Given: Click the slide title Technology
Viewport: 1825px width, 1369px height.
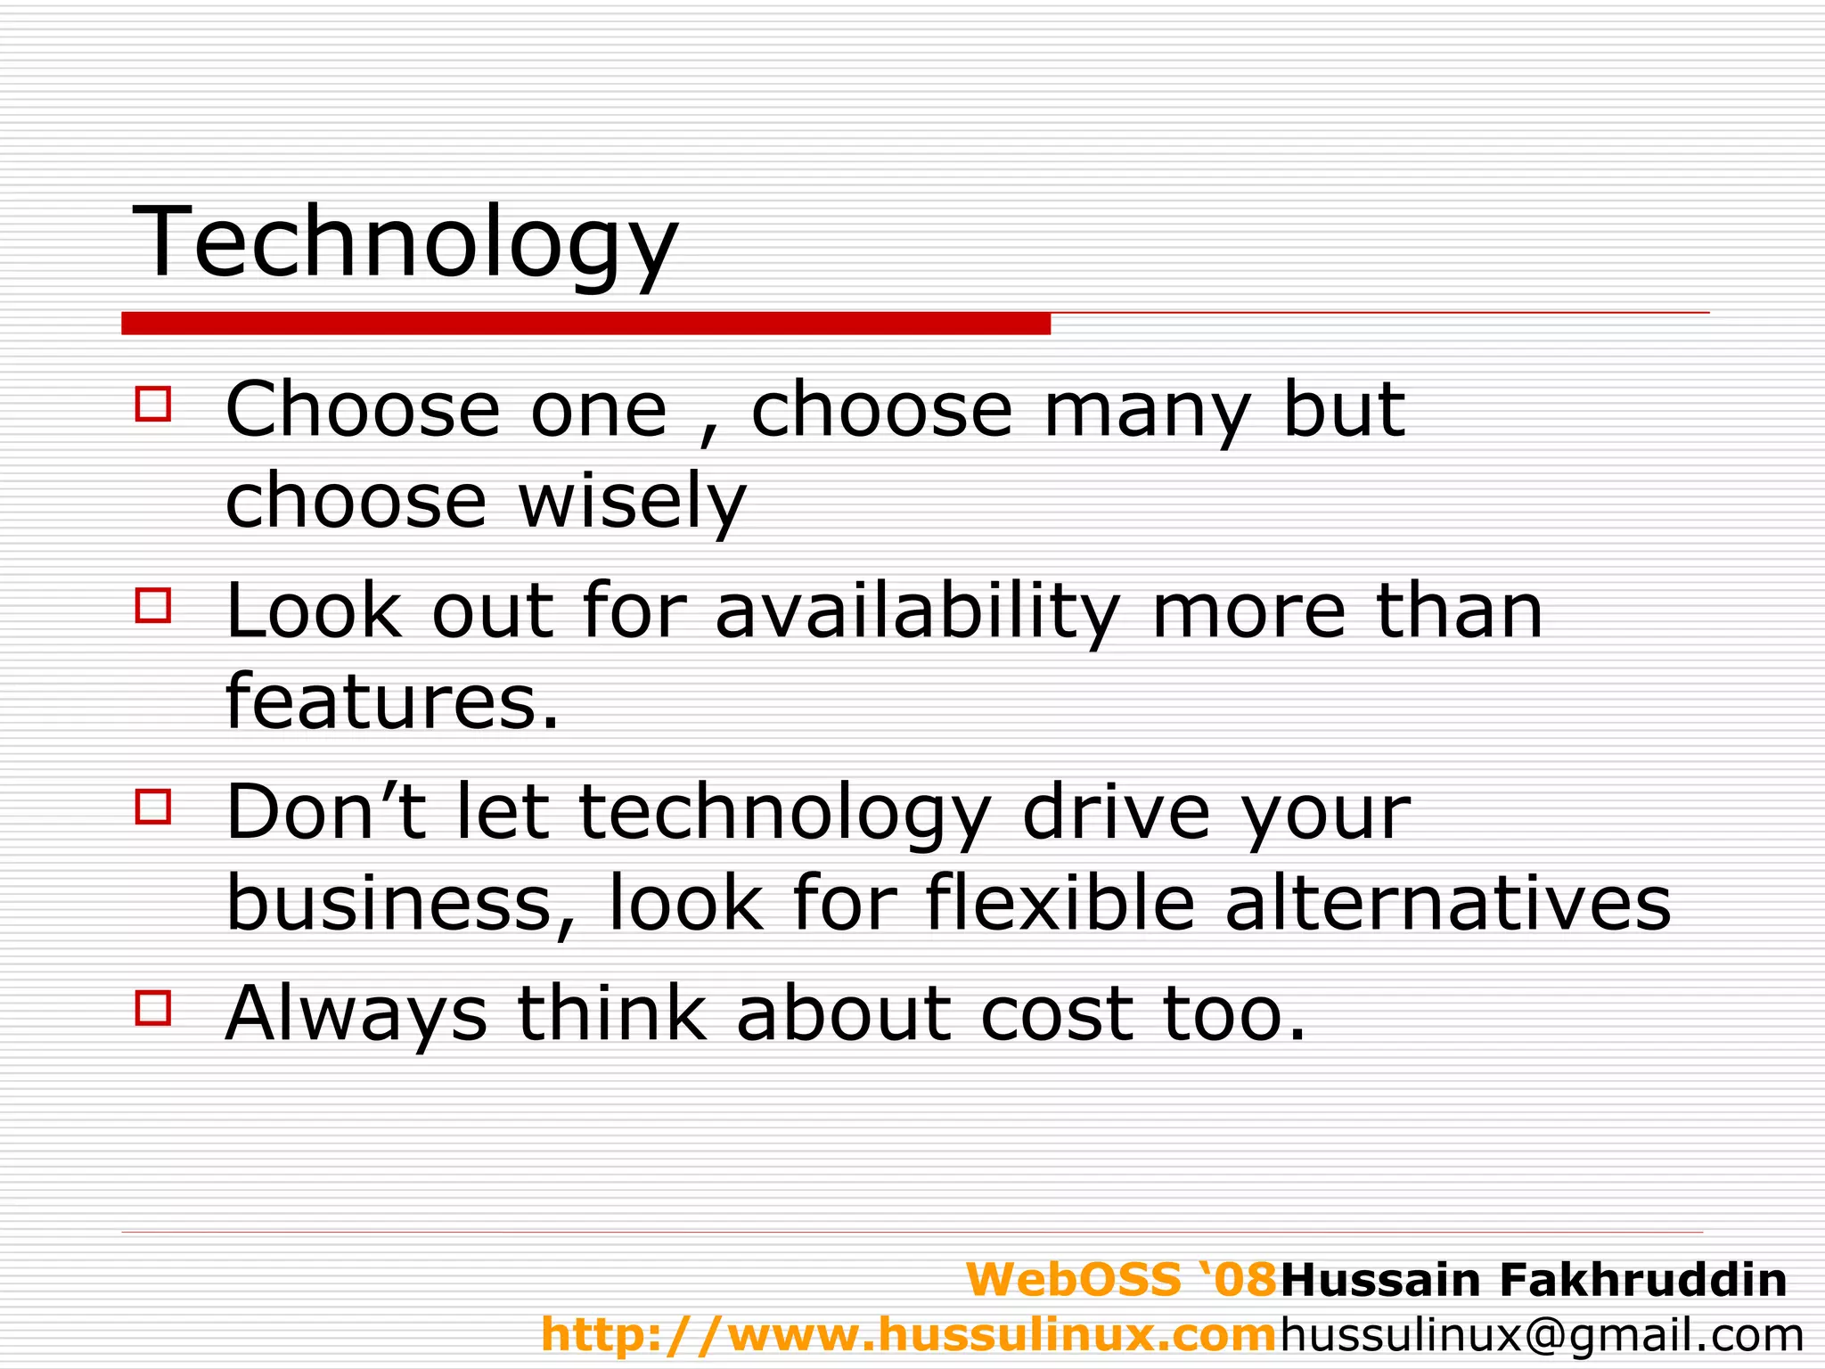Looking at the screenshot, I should click(x=405, y=242).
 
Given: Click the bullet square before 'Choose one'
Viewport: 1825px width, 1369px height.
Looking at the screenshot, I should click(x=153, y=403).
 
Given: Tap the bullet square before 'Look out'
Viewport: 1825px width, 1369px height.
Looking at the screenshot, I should click(x=153, y=604).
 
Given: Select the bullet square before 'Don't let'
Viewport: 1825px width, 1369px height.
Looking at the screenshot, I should click(x=153, y=807).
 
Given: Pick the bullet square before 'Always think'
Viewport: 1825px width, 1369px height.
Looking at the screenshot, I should click(x=153, y=1009).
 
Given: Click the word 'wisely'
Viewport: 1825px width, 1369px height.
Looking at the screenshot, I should click(x=632, y=501).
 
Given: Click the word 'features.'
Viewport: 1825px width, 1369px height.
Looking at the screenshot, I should click(x=393, y=702).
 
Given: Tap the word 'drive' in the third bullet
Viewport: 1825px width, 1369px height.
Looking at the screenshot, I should click(x=1117, y=813).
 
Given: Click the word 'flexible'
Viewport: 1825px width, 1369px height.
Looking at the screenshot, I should click(x=1060, y=904).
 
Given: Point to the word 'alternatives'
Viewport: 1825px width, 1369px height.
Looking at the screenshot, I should click(x=1448, y=904).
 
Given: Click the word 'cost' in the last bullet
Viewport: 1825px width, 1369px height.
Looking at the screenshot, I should click(x=1057, y=1014).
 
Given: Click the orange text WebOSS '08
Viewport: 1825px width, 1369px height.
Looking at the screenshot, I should click(x=1122, y=1280).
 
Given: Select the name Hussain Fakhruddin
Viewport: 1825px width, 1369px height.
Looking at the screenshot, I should click(x=1534, y=1280).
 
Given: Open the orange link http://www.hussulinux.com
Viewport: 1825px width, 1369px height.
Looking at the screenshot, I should click(x=910, y=1334).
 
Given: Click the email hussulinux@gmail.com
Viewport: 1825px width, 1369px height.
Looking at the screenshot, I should click(x=1543, y=1334).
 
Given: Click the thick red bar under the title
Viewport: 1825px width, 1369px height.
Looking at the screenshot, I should click(x=585, y=324).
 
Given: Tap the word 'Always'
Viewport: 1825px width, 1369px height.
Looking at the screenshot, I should click(x=356, y=1014).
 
